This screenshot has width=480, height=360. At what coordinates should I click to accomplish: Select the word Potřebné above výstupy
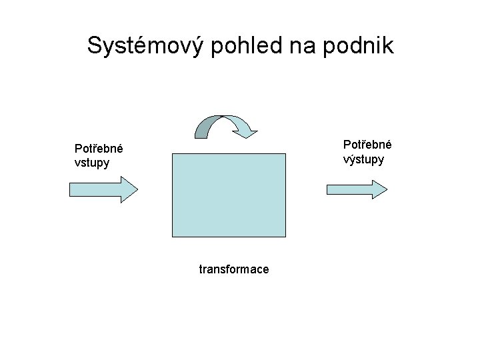tap(367, 145)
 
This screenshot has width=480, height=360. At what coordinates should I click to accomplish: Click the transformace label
tap(234, 269)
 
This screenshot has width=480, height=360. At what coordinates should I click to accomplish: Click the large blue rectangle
tap(229, 194)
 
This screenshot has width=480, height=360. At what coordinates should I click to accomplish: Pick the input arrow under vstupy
tap(103, 189)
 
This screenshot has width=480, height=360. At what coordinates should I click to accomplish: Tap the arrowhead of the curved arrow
tap(247, 131)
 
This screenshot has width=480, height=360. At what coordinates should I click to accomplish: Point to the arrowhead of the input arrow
tap(129, 189)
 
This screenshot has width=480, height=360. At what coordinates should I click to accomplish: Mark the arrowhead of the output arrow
tap(379, 189)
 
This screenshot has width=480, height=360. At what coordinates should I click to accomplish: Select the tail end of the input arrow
tap(73, 189)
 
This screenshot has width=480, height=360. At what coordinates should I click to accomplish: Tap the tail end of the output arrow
tap(329, 189)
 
